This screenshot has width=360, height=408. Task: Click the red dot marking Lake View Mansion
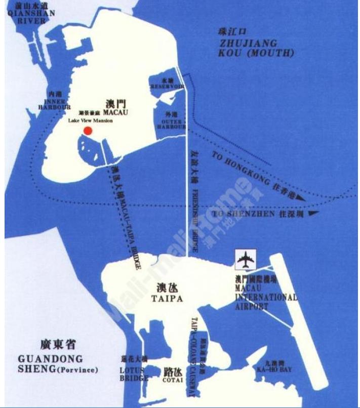point(88,131)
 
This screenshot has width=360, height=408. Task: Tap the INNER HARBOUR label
point(54,104)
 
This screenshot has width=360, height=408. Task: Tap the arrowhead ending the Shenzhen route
point(313,213)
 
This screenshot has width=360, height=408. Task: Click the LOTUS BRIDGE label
point(135,374)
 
